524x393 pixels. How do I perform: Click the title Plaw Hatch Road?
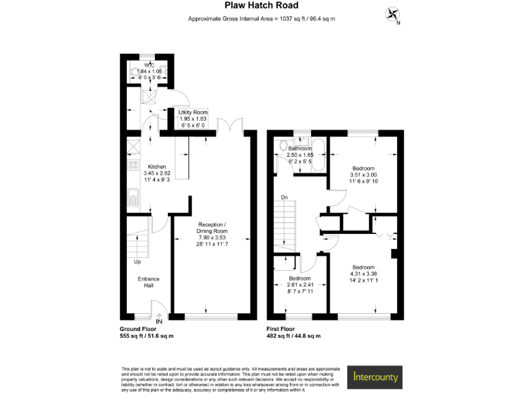pyautogui.click(x=262, y=7)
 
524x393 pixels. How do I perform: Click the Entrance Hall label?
pyautogui.click(x=149, y=282)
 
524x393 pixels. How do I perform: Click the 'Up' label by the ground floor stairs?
pyautogui.click(x=137, y=261)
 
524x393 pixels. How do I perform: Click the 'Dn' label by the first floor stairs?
pyautogui.click(x=284, y=199)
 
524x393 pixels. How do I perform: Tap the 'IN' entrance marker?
pyautogui.click(x=158, y=321)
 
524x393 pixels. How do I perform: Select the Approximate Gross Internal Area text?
pyautogui.click(x=262, y=19)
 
